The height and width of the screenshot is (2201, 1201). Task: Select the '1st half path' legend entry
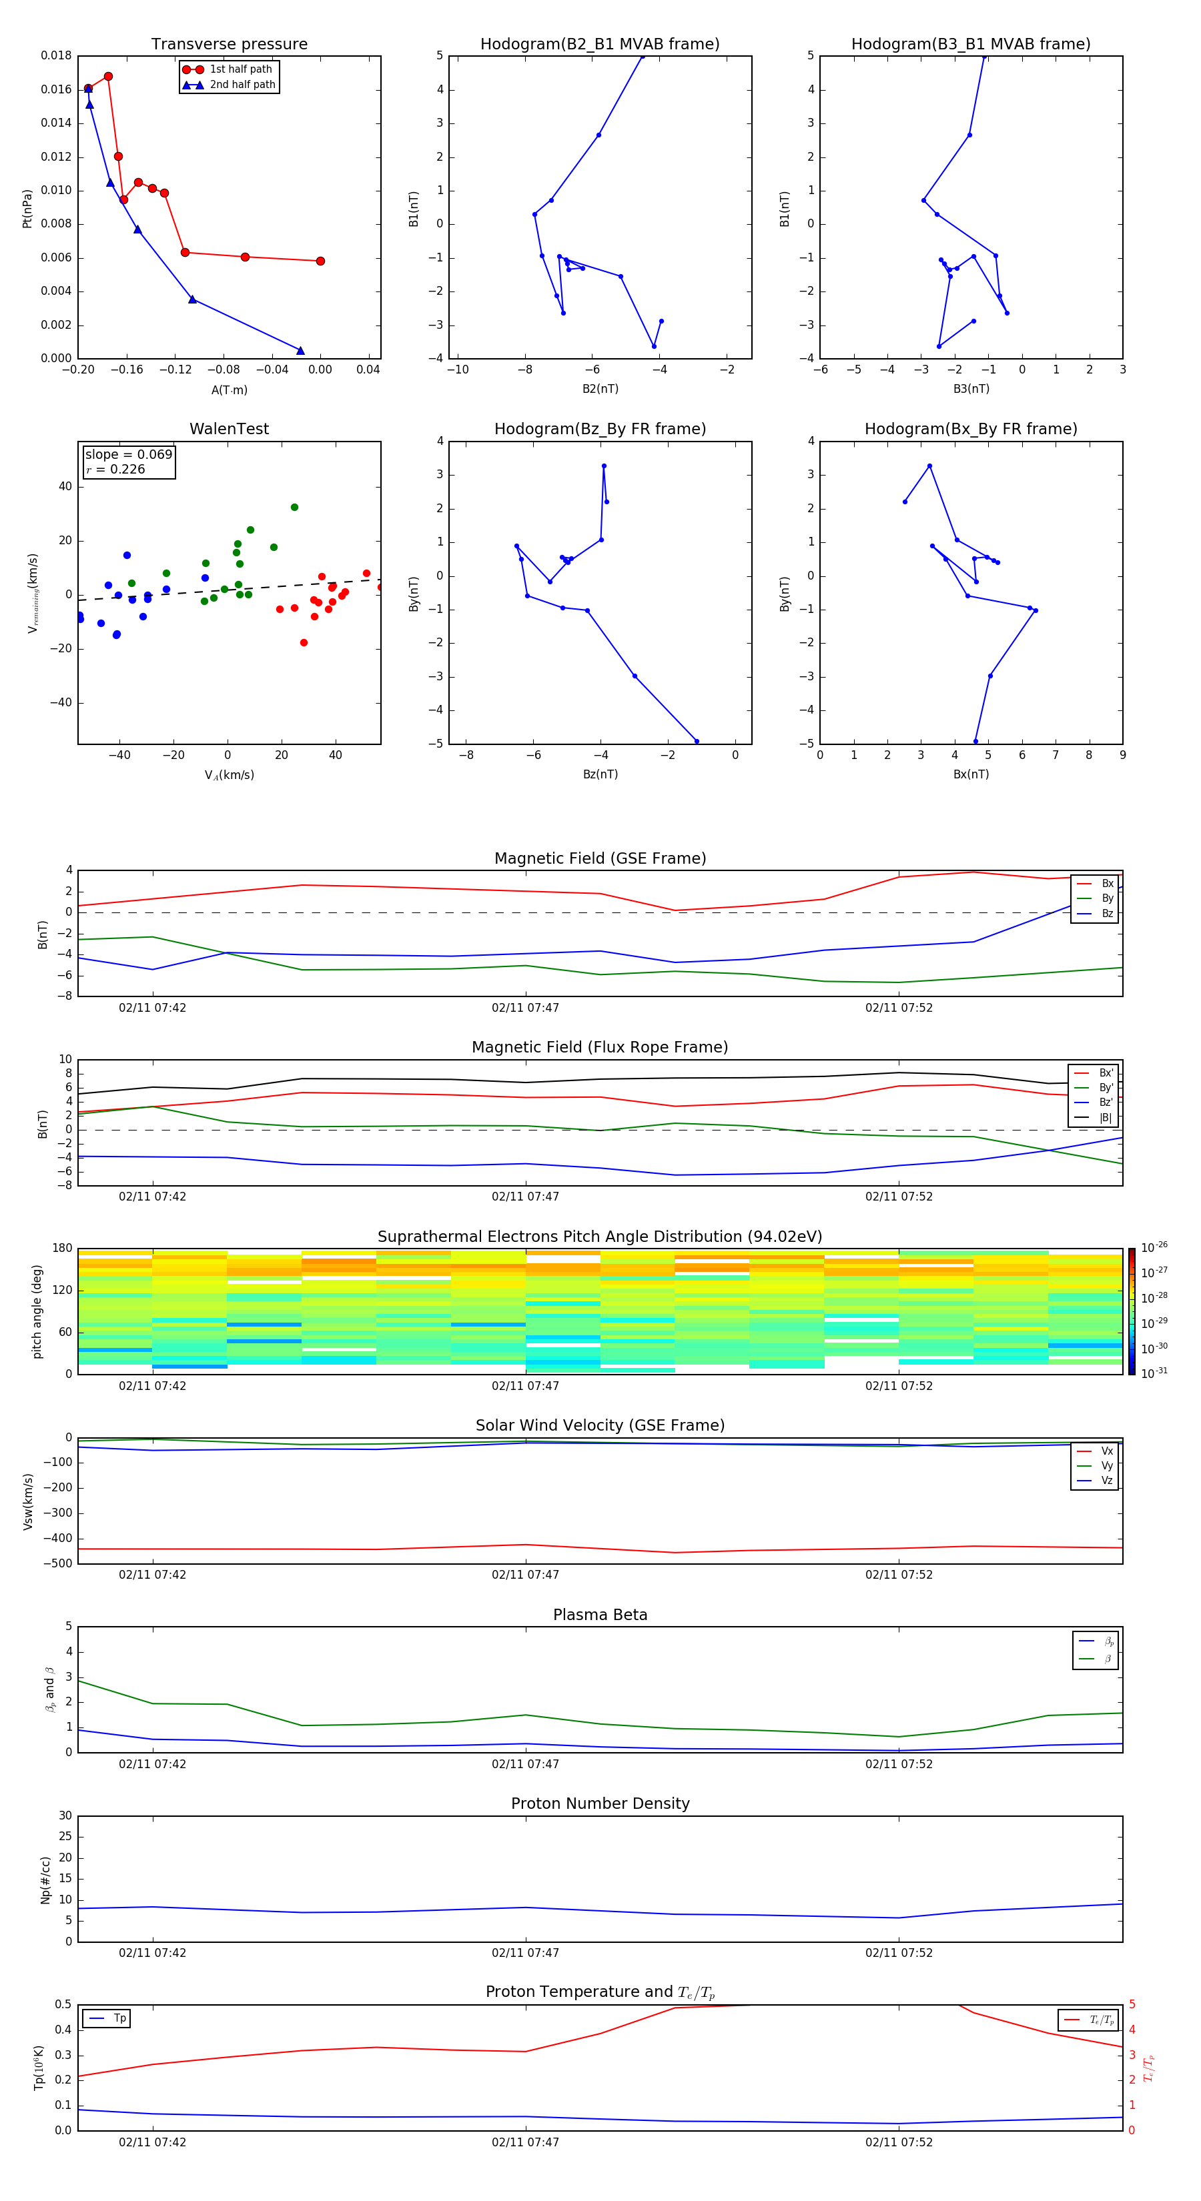pos(240,69)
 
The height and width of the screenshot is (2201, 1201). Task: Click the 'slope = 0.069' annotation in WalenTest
pos(128,455)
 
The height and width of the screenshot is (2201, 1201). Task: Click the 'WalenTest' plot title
pos(229,429)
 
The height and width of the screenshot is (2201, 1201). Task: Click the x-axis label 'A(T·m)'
pos(229,390)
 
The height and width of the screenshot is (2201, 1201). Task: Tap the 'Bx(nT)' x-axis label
pos(971,774)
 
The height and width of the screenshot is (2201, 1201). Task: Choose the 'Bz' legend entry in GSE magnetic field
pos(1107,913)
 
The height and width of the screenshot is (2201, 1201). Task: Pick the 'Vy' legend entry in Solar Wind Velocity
pos(1107,1466)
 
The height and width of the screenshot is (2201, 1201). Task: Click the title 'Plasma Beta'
pos(600,1615)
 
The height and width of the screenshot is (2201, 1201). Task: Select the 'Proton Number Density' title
pos(600,1803)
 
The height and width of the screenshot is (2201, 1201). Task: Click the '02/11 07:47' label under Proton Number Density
pos(525,1952)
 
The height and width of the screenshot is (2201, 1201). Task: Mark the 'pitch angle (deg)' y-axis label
pos(37,1311)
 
